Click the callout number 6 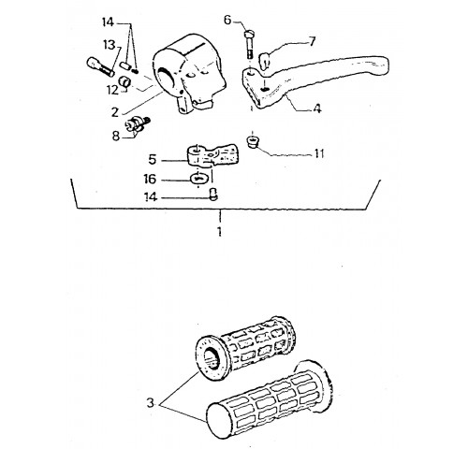tap(227, 21)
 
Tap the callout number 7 tap(312, 41)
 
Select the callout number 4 tap(317, 109)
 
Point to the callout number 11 tap(319, 153)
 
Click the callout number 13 tap(110, 46)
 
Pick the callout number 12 tap(112, 91)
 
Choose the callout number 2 tap(115, 112)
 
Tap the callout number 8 tap(116, 136)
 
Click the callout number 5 tap(152, 160)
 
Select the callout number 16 tap(150, 180)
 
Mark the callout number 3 tap(151, 403)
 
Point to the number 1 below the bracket tap(220, 231)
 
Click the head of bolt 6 tap(249, 33)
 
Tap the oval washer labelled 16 tap(198, 179)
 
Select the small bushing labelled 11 tap(252, 142)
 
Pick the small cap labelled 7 tap(264, 60)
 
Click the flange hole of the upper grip tap(212, 358)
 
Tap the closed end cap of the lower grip tap(217, 421)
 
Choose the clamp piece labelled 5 tap(213, 155)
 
